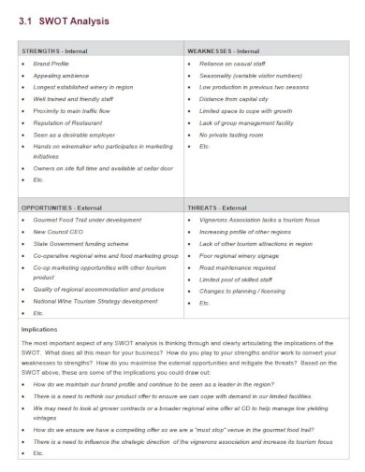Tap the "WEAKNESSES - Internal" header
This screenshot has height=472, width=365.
coord(225,50)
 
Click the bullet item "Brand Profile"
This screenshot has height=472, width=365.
coord(51,64)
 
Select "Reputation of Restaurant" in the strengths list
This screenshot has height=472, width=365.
coord(71,122)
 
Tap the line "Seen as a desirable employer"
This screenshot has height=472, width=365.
coord(76,134)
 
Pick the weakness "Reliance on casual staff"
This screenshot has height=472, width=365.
coord(234,64)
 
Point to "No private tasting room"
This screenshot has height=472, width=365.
coord(230,134)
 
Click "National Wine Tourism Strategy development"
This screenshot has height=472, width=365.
coord(96,301)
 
